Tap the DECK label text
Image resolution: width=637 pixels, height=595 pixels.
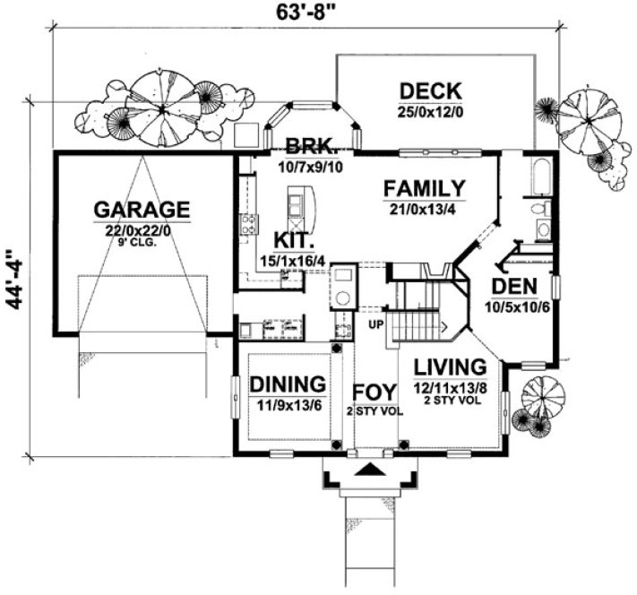430,91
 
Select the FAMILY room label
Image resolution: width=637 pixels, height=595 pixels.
424,189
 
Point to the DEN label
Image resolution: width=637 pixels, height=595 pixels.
513,288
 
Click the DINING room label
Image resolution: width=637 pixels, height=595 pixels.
287,384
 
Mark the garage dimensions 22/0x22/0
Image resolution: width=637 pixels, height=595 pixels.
142,229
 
